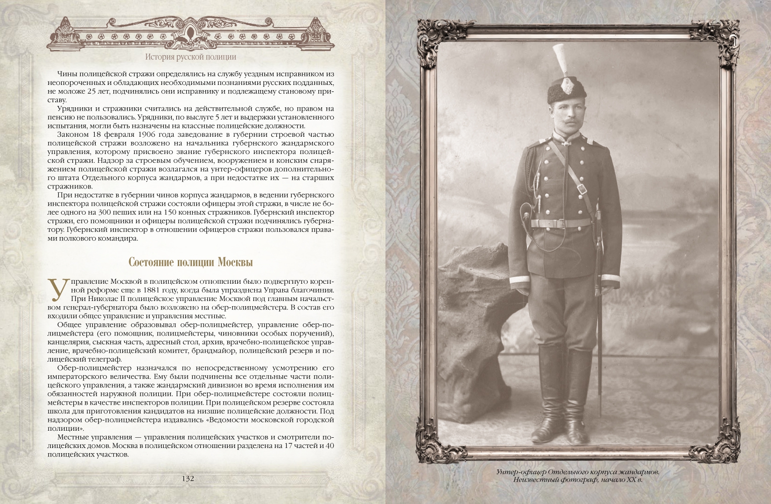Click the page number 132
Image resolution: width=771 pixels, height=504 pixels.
[x=188, y=479]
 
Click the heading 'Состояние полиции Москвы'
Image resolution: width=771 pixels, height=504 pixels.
[x=190, y=262]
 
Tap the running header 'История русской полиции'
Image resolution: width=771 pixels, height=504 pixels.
[x=190, y=57]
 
